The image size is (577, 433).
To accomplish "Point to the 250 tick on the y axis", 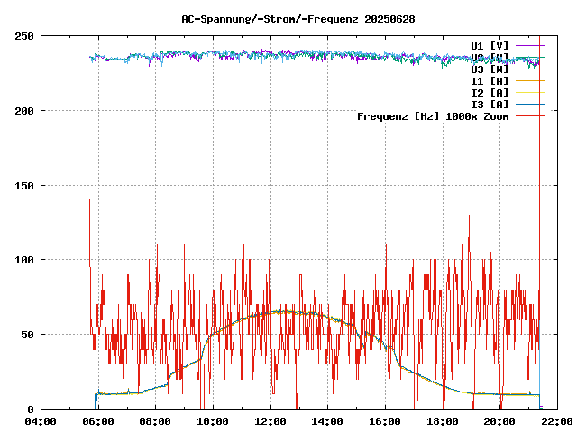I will pyautogui.click(x=24, y=36).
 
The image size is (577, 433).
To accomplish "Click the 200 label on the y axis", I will pyautogui.click(x=24, y=111).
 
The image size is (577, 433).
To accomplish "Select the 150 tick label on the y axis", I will pyautogui.click(x=24, y=186).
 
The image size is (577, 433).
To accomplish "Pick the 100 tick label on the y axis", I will pyautogui.click(x=24, y=260).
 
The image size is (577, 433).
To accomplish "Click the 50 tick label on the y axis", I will pyautogui.click(x=27, y=335).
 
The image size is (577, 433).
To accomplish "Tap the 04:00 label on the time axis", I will pyautogui.click(x=40, y=421).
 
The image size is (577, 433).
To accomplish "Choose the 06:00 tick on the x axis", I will pyautogui.click(x=97, y=421).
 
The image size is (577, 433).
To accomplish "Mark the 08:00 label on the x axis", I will pyautogui.click(x=155, y=421).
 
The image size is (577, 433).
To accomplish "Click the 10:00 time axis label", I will pyautogui.click(x=213, y=421).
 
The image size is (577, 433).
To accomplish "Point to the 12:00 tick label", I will pyautogui.click(x=270, y=421).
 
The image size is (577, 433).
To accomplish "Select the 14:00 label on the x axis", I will pyautogui.click(x=327, y=421).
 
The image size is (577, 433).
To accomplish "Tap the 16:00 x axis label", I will pyautogui.click(x=385, y=421).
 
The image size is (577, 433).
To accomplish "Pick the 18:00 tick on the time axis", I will pyautogui.click(x=443, y=421).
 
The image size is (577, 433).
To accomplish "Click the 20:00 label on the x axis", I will pyautogui.click(x=500, y=421).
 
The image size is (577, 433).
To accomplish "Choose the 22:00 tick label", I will pyautogui.click(x=557, y=421).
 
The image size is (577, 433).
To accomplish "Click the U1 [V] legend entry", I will pyautogui.click(x=490, y=45).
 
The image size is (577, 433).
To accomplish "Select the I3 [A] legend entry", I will pyautogui.click(x=490, y=105).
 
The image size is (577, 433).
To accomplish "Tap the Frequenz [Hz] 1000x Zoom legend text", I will pyautogui.click(x=433, y=116).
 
